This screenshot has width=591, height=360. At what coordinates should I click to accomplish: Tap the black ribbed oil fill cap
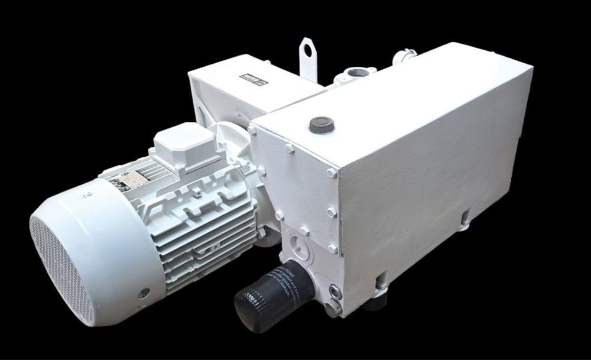coord(322,125)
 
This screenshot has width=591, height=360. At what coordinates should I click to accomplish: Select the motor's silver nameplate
coord(131,181)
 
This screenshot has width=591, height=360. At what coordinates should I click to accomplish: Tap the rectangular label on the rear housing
coord(254,80)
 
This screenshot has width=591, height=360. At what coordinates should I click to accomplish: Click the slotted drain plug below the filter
coord(334,307)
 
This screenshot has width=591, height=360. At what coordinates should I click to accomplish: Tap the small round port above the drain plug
coord(335,291)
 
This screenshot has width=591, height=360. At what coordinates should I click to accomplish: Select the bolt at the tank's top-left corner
coord(252,130)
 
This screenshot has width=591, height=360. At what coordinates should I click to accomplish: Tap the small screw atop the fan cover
coord(88,193)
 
